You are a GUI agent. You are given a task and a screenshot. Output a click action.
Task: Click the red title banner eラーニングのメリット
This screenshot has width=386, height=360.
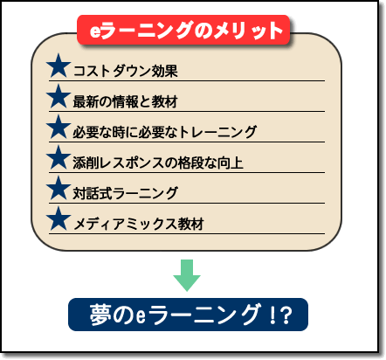[x=183, y=30]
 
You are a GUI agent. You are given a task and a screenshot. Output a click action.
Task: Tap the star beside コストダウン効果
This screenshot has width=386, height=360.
[x=59, y=66]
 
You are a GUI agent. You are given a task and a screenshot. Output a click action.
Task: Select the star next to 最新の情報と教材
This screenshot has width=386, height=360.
[x=59, y=96]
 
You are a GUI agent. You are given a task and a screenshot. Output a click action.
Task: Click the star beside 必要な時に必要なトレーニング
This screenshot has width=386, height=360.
[x=59, y=127]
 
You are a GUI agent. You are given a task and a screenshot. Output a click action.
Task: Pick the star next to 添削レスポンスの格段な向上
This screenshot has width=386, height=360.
[x=59, y=157]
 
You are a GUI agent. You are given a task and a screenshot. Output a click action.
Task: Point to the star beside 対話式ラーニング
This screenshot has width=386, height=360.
[x=59, y=188]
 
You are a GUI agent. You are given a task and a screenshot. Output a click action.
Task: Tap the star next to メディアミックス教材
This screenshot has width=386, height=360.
[x=59, y=218]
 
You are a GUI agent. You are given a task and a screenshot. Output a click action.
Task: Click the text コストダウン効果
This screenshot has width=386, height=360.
[x=125, y=71]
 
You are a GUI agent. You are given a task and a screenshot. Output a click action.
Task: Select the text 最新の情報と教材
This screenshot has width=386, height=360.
[x=125, y=101]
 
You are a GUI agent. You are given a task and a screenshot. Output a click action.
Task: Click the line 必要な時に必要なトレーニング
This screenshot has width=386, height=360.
[x=164, y=132]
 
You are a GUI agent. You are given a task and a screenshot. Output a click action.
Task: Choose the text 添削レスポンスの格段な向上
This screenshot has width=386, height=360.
[x=158, y=163]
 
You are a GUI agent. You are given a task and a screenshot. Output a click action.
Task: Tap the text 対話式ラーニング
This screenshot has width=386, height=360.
[x=125, y=193]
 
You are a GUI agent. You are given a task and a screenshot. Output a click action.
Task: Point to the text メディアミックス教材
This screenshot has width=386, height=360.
[x=139, y=224]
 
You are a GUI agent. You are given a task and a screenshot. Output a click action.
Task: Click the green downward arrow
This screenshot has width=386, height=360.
[x=187, y=275]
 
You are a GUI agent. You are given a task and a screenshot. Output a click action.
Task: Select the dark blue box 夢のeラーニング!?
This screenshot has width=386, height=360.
[x=188, y=315]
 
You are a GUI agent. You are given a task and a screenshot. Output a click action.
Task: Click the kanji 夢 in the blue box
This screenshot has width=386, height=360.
[x=100, y=315]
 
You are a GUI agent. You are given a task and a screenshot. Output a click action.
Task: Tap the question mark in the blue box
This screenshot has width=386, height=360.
[x=286, y=315]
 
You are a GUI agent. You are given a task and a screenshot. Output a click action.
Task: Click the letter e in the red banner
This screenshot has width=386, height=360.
[x=95, y=31]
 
